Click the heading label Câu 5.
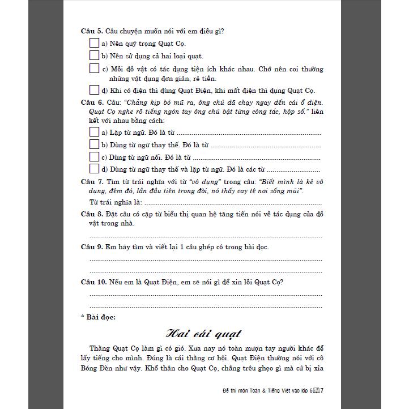(92, 31)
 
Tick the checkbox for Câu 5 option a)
(95, 43)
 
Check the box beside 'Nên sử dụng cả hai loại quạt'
(95, 56)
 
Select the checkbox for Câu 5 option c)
(95, 69)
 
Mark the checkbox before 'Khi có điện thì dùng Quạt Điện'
(95, 90)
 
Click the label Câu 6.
(92, 103)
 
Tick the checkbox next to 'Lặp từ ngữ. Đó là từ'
(95, 131)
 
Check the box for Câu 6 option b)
(95, 144)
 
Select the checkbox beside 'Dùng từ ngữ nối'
(95, 156)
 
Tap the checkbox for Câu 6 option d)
(95, 169)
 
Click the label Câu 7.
(92, 182)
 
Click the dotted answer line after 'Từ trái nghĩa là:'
(232, 203)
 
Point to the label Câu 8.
(92, 214)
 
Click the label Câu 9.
(92, 247)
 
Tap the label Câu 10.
(93, 282)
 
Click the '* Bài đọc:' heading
(98, 317)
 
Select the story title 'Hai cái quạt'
(203, 333)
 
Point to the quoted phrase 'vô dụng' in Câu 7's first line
(201, 182)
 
